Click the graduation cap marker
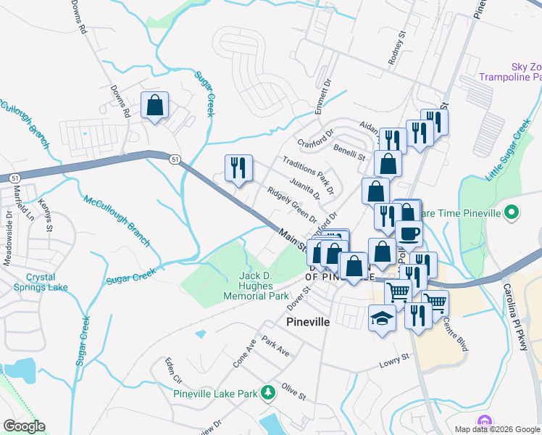pyautogui.click(x=382, y=318)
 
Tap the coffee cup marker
pyautogui.click(x=408, y=233)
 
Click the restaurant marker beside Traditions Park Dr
pyautogui.click(x=238, y=168)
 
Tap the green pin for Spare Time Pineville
pyautogui.click(x=512, y=213)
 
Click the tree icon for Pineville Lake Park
pyautogui.click(x=268, y=392)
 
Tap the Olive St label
pyautogui.click(x=294, y=392)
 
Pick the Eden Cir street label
pyautogui.click(x=172, y=370)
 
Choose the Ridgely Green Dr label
pyautogui.click(x=292, y=206)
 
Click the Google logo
pyautogui.click(x=24, y=426)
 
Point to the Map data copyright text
pyautogui.click(x=496, y=429)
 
